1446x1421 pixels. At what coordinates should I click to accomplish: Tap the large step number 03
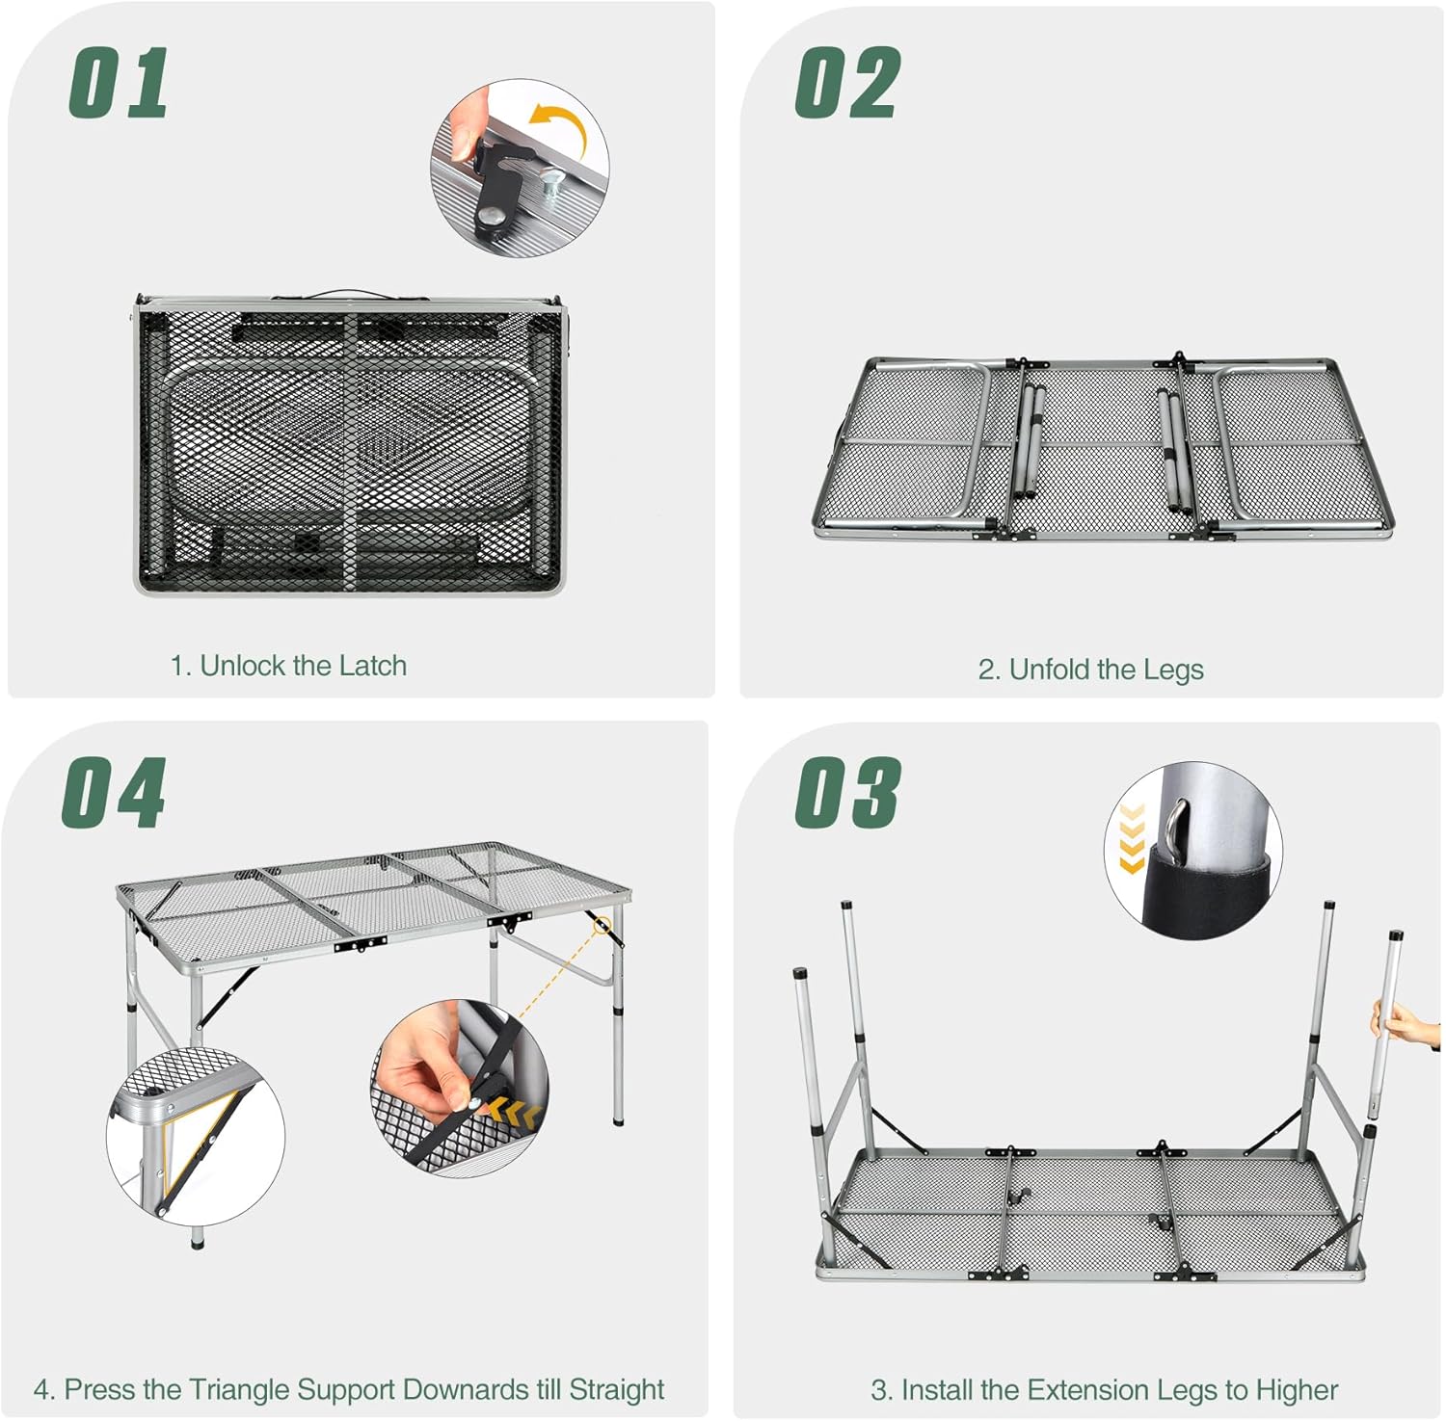847,792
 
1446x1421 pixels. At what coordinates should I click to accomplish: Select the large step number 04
114,792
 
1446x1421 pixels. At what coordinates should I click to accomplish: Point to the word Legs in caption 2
1172,670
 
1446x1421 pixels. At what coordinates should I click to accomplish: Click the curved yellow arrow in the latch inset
560,131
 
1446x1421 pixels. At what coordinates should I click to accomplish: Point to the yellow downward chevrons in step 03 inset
1132,839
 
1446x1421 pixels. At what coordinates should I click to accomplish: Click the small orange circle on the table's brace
603,927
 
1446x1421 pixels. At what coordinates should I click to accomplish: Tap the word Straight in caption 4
617,1390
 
